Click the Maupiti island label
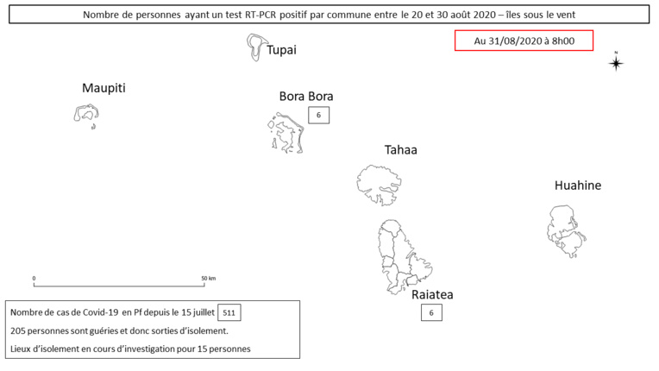104,88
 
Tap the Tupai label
281,50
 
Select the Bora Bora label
306,97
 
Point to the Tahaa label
400,150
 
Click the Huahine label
578,185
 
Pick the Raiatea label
432,294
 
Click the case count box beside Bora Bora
318,115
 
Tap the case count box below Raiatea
431,312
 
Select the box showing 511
229,312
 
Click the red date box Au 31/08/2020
524,41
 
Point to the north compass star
616,64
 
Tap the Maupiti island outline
76,114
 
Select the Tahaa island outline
358,184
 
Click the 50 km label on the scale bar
209,278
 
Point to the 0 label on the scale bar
34,278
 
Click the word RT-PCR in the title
260,15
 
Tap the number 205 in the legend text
18,331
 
